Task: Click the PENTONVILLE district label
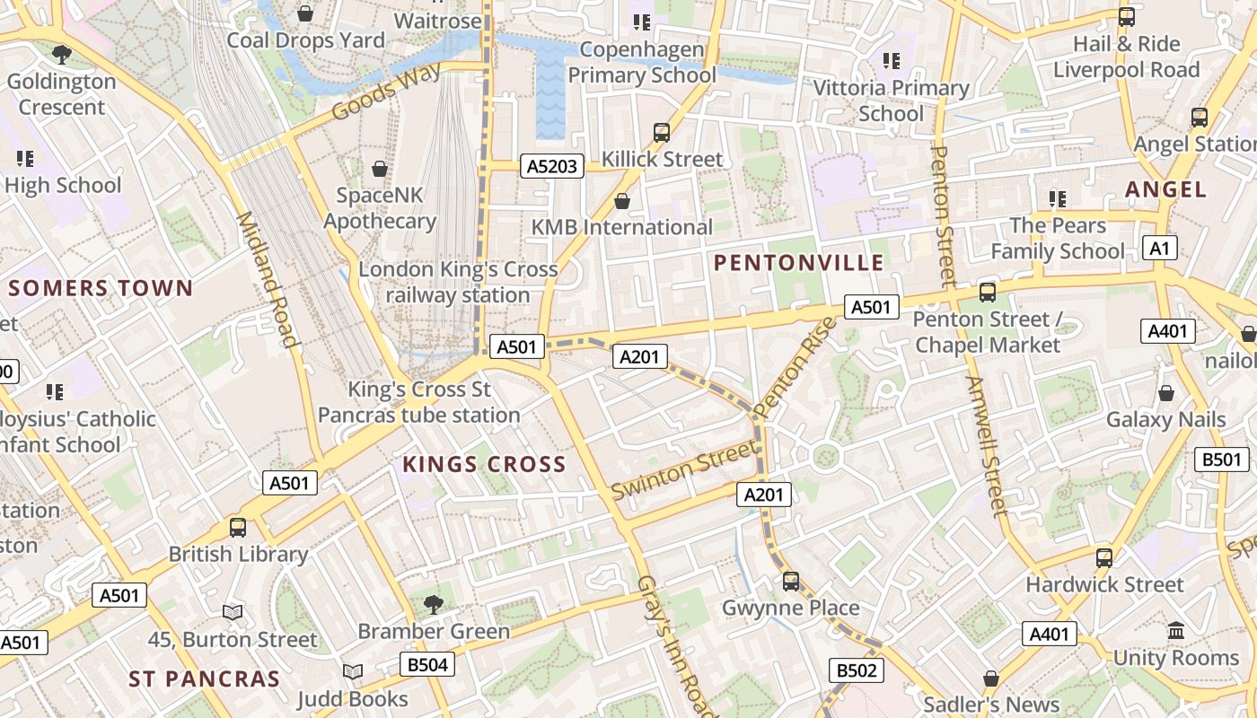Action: coord(799,263)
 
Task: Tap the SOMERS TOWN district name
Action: coord(101,289)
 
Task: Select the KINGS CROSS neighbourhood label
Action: coord(484,465)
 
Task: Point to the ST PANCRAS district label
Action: coord(205,679)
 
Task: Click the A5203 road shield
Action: coord(552,166)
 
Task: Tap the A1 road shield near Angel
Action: coord(1160,249)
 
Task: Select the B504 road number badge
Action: coord(426,665)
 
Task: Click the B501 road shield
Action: coord(1222,460)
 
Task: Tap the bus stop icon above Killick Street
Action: coord(662,133)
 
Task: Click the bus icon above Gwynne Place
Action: coord(791,582)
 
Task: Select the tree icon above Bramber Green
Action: coord(434,604)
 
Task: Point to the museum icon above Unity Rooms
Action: coord(1176,631)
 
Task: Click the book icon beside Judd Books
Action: coord(353,672)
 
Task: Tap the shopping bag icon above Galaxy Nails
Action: coord(1165,393)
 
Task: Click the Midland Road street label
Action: coord(266,279)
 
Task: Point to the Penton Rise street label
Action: coord(795,366)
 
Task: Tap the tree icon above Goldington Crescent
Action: coord(62,55)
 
